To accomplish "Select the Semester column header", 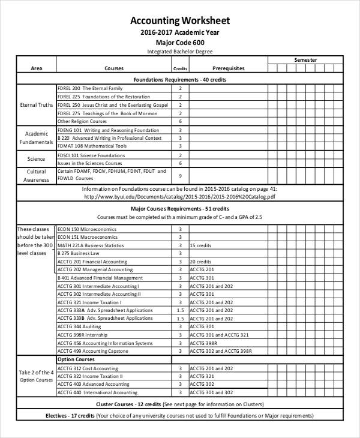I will [305, 60].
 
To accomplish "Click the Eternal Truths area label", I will [36, 105].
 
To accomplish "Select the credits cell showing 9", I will [180, 175].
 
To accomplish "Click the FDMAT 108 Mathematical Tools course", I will [92, 146].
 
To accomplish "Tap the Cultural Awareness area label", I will [36, 175].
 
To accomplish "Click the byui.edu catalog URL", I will [180, 196].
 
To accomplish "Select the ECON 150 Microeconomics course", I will [87, 229].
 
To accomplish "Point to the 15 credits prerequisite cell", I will [200, 245].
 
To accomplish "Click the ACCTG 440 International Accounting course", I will [97, 392].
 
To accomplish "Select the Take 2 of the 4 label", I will [36, 372].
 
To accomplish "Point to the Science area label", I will [36, 159].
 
